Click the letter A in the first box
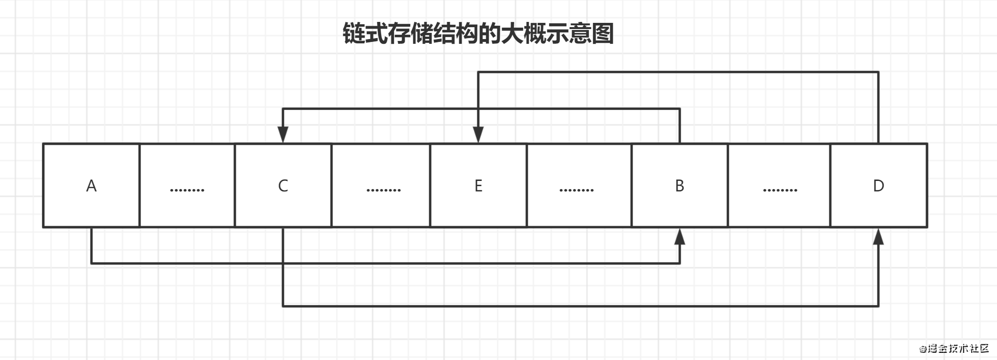click(91, 186)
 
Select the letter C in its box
click(283, 186)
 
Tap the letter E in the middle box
click(478, 186)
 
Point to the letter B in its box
click(680, 186)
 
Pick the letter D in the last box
click(878, 186)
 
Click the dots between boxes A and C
click(187, 190)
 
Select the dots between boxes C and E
click(383, 190)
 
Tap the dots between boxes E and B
click(576, 190)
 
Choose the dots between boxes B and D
click(780, 190)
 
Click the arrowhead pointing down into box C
click(283, 135)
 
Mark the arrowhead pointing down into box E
click(478, 135)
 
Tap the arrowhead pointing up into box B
click(680, 236)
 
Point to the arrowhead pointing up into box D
click(878, 236)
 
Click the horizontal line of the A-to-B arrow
click(381, 263)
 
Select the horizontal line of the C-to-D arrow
click(572, 306)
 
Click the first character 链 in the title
click(354, 34)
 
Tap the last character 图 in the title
click(603, 34)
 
